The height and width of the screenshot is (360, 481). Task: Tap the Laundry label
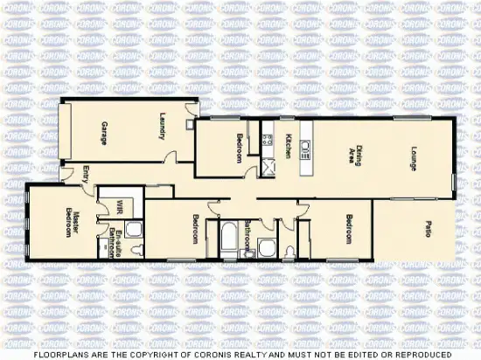tap(164, 128)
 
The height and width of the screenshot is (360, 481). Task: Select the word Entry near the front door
tap(86, 173)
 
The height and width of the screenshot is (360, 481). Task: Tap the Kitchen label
tap(289, 145)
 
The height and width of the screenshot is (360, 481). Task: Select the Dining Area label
tap(353, 155)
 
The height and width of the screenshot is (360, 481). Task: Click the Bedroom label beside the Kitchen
tap(239, 148)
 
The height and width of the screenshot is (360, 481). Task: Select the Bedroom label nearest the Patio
tap(348, 229)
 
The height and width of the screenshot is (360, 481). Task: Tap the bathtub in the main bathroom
tap(230, 238)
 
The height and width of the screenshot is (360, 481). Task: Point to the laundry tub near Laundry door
tap(189, 123)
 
